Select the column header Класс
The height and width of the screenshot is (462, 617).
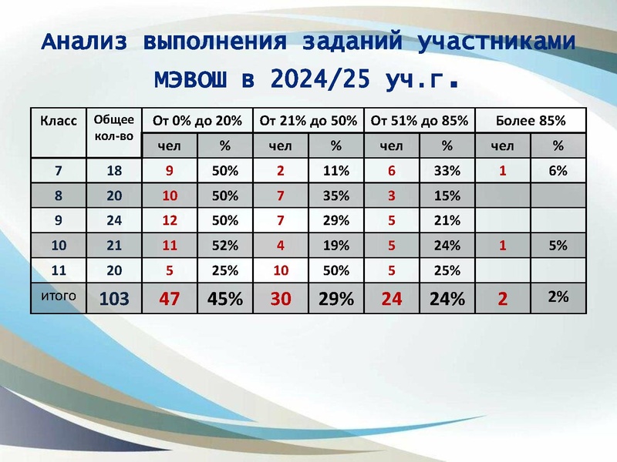click(x=59, y=121)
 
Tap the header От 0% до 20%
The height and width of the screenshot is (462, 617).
click(x=197, y=121)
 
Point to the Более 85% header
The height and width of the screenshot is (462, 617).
click(x=531, y=121)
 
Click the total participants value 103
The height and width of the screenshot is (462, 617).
click(x=114, y=299)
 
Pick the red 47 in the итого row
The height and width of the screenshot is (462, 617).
click(x=170, y=299)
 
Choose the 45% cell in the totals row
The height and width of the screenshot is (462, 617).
click(x=225, y=299)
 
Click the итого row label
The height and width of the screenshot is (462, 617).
click(x=59, y=294)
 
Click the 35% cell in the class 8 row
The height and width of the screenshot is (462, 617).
click(x=336, y=196)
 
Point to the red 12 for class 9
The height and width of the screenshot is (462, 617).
click(x=170, y=221)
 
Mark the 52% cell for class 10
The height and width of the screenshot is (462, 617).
click(x=225, y=246)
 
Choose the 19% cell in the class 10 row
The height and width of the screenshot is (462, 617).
click(x=336, y=246)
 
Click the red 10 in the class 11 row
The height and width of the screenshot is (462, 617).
click(x=281, y=270)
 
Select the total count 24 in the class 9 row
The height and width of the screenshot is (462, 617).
click(x=114, y=221)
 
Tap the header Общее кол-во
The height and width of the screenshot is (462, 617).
click(x=114, y=128)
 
